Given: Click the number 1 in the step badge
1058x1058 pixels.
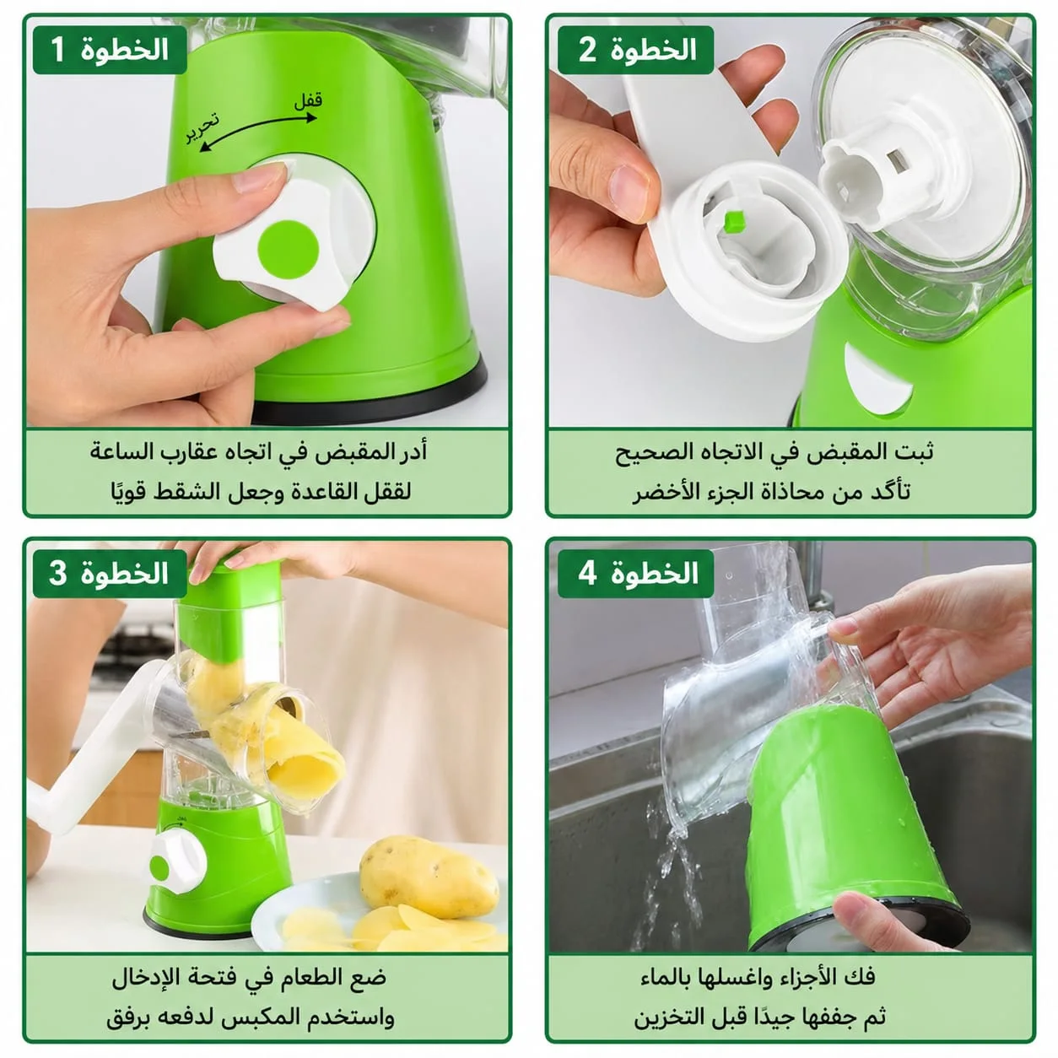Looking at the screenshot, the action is pos(58,50).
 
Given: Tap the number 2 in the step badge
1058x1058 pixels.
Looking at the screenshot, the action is pos(587,50).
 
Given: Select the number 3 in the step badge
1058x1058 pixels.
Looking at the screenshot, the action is pos(57,573).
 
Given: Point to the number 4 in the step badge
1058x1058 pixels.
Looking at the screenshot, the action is pos(587,573).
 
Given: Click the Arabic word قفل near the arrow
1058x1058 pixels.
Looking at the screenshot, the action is pos(308,101).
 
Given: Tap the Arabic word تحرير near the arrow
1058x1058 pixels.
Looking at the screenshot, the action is pos(202,127).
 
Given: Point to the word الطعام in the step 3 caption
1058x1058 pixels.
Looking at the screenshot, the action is pos(316,977).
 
